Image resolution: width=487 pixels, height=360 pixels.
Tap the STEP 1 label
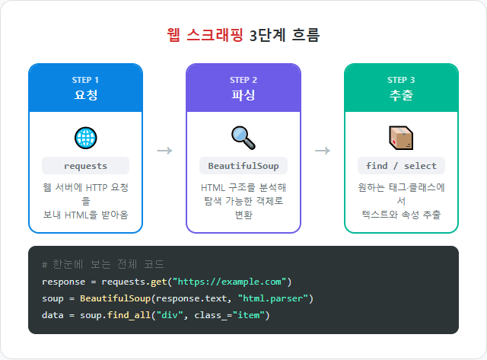(x=85, y=80)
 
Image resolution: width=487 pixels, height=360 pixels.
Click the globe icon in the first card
(x=85, y=138)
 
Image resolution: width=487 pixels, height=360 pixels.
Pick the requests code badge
(x=85, y=166)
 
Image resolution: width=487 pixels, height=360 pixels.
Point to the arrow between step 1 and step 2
(x=164, y=150)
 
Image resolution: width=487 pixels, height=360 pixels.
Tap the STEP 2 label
(x=243, y=80)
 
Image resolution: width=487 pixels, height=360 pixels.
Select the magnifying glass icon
(x=243, y=138)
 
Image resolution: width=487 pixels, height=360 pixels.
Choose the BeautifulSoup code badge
(x=243, y=166)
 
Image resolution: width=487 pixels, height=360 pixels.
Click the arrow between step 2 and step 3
(x=323, y=150)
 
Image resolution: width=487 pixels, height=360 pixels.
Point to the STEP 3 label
(x=401, y=80)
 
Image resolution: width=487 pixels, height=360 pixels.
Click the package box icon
(x=401, y=138)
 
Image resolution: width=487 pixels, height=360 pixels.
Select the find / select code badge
(x=401, y=166)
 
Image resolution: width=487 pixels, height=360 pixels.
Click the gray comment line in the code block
(x=103, y=264)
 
